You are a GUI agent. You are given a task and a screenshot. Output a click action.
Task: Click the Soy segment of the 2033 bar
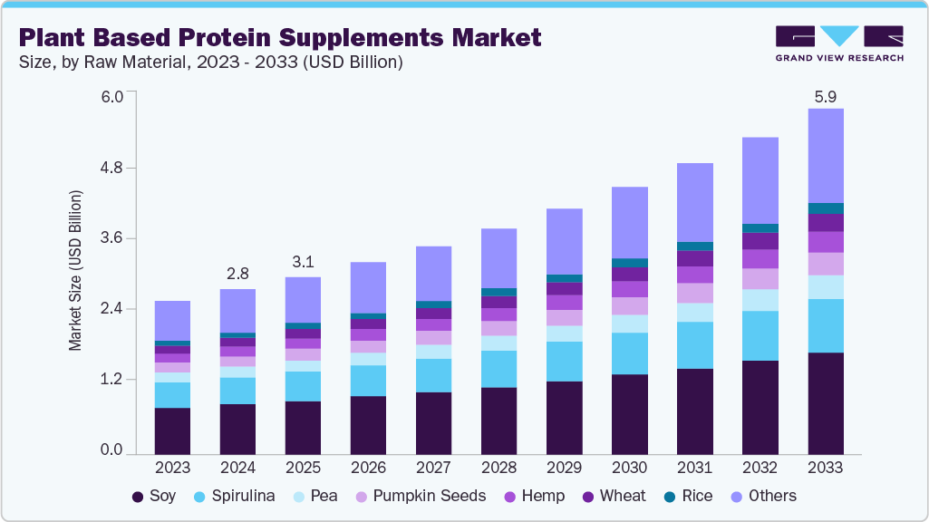pos(826,402)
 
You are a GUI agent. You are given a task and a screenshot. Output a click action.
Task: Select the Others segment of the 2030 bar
pos(630,222)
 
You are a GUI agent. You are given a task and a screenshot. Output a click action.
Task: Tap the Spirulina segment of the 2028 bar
pos(499,369)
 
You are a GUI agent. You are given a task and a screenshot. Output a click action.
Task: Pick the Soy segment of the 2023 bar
pos(173,430)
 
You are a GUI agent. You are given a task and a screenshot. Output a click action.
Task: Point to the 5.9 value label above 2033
pos(826,95)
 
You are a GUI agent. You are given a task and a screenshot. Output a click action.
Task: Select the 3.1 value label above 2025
pos(304,263)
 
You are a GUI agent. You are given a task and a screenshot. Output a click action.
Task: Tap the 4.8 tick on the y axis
pos(111,169)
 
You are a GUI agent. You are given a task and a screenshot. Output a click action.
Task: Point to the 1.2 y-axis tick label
pos(111,379)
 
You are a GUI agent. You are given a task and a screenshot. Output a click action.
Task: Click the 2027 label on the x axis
pos(434,468)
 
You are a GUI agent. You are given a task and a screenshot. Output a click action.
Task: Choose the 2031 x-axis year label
pos(695,468)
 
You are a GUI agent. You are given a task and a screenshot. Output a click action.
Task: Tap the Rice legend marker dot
pos(670,497)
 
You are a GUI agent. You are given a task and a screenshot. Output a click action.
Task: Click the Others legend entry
pos(763,497)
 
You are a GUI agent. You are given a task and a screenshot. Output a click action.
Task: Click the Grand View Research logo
pos(839,43)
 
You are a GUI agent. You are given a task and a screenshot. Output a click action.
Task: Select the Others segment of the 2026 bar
pos(369,287)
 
